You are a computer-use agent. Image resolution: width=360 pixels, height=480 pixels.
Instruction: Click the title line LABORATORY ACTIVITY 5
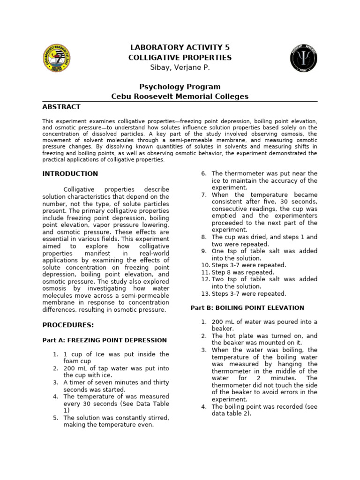[x=180, y=47]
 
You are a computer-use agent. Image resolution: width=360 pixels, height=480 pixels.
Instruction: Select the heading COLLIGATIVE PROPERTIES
[x=180, y=58]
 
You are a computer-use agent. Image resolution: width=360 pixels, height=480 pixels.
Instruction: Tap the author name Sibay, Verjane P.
[x=180, y=67]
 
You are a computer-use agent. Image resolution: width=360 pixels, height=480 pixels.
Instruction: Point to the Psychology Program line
[x=180, y=87]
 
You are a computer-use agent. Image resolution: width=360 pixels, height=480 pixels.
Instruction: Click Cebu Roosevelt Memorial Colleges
[x=180, y=97]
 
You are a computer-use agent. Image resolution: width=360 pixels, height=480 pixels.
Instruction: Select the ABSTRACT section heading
[x=61, y=107]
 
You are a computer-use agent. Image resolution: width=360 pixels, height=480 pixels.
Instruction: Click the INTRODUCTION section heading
[x=70, y=174]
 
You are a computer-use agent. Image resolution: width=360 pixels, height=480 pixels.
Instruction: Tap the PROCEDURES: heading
[x=68, y=325]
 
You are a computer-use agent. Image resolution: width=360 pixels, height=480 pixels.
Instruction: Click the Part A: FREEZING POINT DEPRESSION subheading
[x=105, y=340]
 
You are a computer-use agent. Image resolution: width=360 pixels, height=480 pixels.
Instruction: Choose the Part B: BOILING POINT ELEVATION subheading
[x=247, y=308]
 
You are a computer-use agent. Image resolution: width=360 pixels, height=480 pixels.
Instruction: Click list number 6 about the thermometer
[x=204, y=174]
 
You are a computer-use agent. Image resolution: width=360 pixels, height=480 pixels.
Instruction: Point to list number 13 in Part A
[x=205, y=294]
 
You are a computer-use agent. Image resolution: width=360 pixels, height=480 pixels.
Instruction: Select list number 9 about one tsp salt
[x=204, y=251]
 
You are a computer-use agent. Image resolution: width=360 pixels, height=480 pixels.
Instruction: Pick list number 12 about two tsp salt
[x=205, y=279]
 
